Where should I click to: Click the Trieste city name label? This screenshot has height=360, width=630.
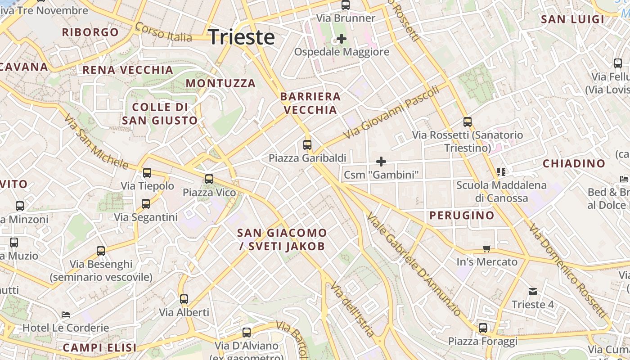click(242, 37)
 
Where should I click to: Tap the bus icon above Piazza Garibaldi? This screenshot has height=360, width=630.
click(307, 145)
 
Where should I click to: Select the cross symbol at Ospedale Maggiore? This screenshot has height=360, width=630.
click(342, 39)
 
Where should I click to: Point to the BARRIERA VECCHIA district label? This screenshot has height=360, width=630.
click(310, 103)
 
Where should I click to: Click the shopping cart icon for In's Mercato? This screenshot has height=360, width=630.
click(486, 249)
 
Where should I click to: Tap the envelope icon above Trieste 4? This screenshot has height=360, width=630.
click(533, 292)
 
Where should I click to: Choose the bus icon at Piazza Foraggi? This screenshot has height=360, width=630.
click(483, 328)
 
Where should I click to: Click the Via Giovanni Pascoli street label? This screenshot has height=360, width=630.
click(391, 113)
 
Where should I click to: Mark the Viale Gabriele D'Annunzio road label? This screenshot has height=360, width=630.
click(414, 264)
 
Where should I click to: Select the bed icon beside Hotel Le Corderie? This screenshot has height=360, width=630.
click(66, 315)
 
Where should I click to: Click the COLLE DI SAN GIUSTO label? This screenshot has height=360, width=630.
click(160, 114)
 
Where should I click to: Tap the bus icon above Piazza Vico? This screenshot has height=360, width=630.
click(209, 179)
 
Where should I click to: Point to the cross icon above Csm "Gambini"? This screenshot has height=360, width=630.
click(381, 161)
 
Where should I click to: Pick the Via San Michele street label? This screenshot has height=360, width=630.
click(95, 141)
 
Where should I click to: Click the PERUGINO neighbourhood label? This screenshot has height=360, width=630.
click(462, 216)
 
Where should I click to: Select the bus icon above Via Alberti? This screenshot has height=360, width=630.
click(184, 299)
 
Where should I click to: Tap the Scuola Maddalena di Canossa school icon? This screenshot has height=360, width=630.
click(501, 171)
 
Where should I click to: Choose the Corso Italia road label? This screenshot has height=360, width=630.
click(163, 32)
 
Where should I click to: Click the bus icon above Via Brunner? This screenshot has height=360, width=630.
click(346, 5)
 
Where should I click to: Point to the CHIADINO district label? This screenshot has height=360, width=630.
click(574, 163)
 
